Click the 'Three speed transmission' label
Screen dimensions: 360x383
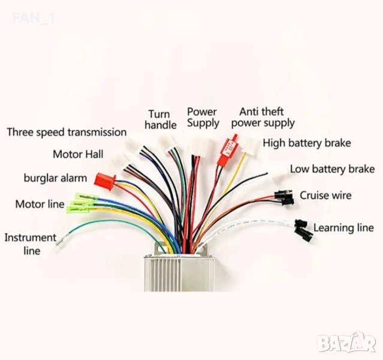coord(67,132)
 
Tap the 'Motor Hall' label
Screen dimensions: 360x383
coord(76,154)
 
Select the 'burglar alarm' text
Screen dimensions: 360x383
coord(55,178)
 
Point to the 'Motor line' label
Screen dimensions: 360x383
coord(40,204)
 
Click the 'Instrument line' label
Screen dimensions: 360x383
coord(31,244)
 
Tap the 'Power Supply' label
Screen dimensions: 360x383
coord(203,117)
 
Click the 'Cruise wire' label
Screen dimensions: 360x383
coord(325,195)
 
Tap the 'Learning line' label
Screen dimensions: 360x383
coord(343,228)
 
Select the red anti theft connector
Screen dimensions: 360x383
coord(228,146)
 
